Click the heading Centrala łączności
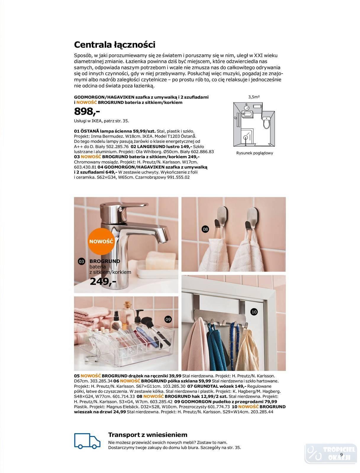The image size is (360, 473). (114, 45)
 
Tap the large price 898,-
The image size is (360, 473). (87, 111)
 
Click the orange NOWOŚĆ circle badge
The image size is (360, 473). (101, 241)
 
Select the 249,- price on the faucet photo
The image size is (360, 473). (103, 281)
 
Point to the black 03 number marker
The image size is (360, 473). (81, 261)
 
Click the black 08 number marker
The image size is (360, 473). (205, 229)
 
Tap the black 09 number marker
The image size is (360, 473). (168, 319)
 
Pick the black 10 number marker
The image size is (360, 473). (254, 312)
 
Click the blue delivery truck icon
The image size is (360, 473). (87, 441)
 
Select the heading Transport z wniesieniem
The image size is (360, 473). (148, 435)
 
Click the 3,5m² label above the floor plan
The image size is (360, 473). (254, 97)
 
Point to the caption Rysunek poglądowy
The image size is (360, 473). (254, 153)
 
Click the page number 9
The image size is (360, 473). (341, 454)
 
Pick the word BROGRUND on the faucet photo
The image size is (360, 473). (105, 261)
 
